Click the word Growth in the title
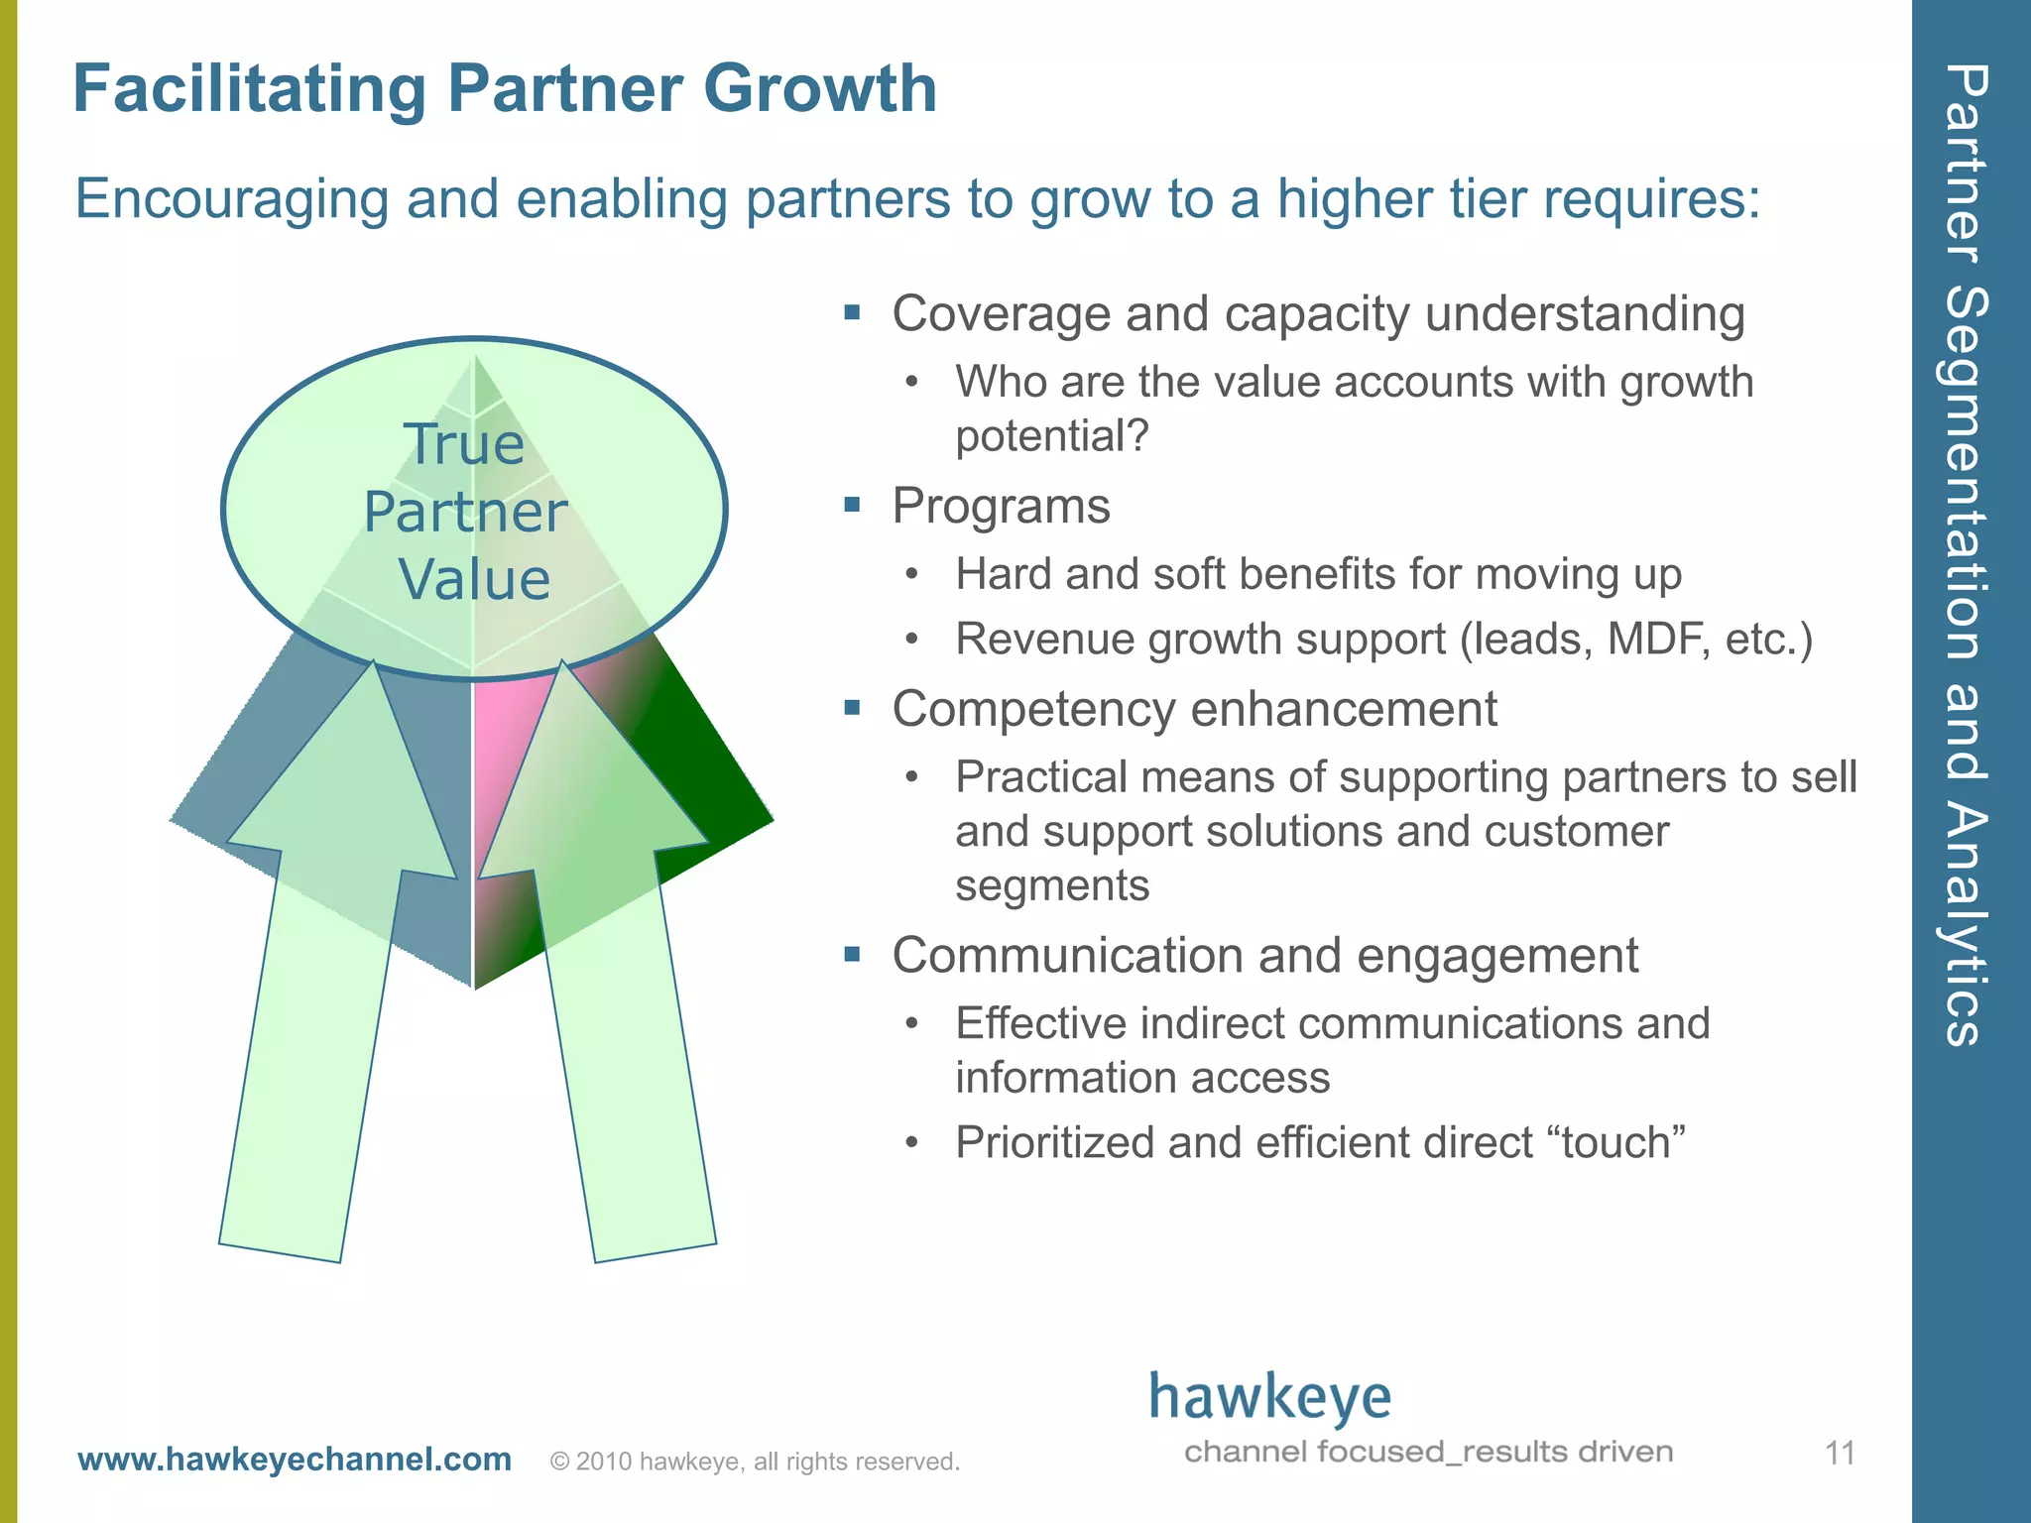(x=819, y=89)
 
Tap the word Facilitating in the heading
(x=249, y=89)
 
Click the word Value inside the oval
(x=474, y=579)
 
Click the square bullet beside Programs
(x=852, y=505)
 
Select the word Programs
(x=1001, y=506)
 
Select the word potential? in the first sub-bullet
(x=1051, y=436)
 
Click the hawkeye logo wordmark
(x=1270, y=1398)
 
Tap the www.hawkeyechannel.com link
(x=295, y=1460)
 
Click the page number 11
(x=1840, y=1454)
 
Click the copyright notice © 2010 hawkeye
(x=754, y=1462)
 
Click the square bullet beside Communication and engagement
(x=852, y=955)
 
